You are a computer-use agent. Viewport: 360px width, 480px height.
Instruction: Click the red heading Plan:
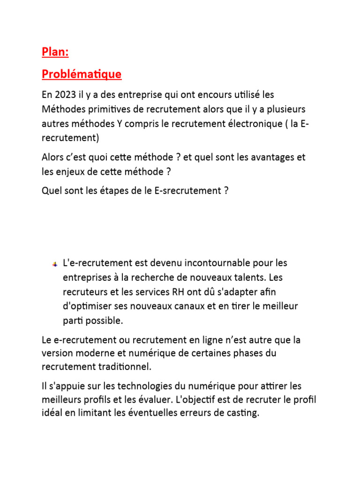[55, 52]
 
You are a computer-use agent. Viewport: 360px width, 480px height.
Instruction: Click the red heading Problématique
[82, 74]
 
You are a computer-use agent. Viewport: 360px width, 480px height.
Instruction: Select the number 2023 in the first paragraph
[65, 95]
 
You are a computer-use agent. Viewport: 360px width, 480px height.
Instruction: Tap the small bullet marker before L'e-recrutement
[54, 264]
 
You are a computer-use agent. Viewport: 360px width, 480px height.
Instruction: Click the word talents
[244, 277]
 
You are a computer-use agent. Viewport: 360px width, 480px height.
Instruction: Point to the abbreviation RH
[179, 292]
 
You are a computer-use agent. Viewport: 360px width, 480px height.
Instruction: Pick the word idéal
[52, 414]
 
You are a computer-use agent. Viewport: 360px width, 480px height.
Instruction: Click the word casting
[242, 414]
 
